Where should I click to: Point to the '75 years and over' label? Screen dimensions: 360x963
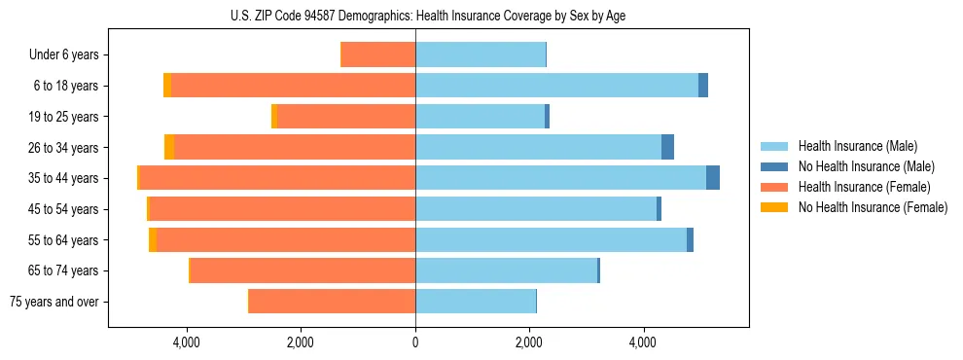pyautogui.click(x=54, y=302)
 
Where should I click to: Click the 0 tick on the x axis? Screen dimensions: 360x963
pyautogui.click(x=415, y=342)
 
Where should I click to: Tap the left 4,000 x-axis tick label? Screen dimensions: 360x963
pyautogui.click(x=186, y=342)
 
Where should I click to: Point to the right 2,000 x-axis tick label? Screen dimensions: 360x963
pyautogui.click(x=529, y=342)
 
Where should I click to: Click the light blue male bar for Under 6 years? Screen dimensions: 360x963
pyautogui.click(x=481, y=55)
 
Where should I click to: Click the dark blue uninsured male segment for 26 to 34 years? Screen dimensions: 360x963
pyautogui.click(x=667, y=148)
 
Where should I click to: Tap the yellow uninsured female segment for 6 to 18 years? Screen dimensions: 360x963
pyautogui.click(x=167, y=86)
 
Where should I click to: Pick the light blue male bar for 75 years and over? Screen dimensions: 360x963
pyautogui.click(x=476, y=302)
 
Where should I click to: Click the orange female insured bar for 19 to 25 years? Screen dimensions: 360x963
pyautogui.click(x=346, y=117)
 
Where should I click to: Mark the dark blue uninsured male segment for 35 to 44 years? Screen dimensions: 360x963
pyautogui.click(x=713, y=178)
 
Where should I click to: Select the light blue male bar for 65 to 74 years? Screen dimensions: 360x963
pyautogui.click(x=506, y=270)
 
